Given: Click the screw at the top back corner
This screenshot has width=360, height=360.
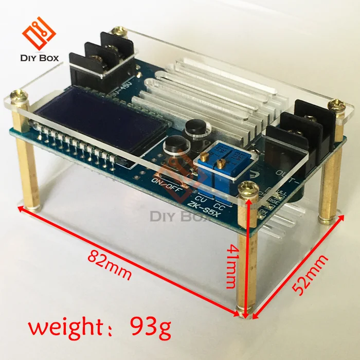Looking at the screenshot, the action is pos(119,31).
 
